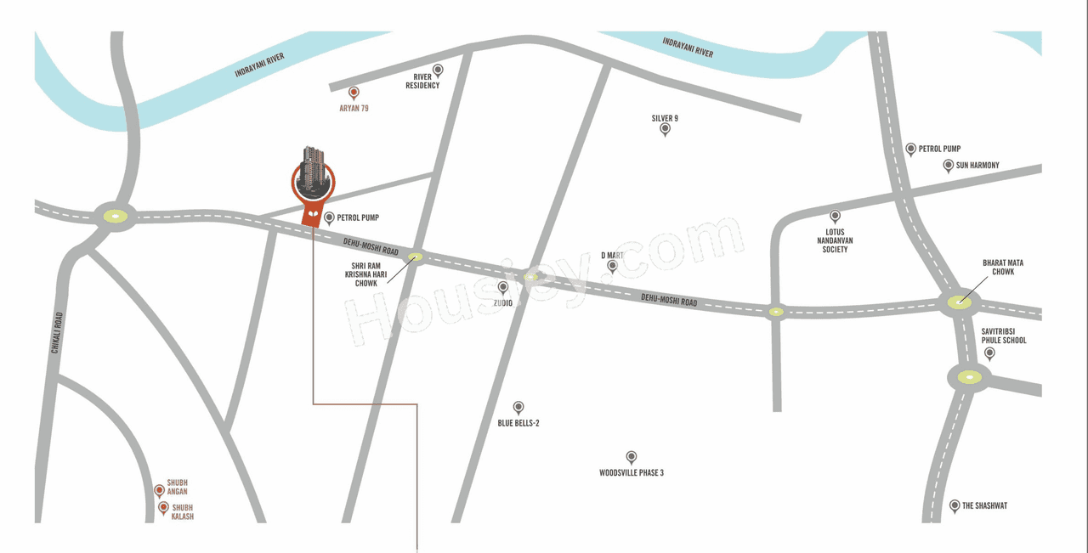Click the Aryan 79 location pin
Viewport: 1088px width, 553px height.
point(354,93)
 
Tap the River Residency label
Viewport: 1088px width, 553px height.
point(422,82)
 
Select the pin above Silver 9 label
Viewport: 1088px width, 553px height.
point(665,130)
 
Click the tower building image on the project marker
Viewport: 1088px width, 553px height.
point(314,169)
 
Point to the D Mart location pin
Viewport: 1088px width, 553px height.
point(612,267)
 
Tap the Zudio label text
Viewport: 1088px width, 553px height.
point(503,302)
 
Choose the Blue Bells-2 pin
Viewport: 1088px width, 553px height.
point(518,408)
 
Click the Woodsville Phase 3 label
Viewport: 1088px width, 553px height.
point(632,472)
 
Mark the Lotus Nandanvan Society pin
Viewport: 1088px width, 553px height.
point(835,217)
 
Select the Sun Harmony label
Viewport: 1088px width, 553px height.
point(977,165)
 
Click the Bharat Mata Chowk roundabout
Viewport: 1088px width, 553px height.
point(960,300)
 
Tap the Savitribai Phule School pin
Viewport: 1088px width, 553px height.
point(989,353)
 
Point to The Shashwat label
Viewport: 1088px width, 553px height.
point(984,505)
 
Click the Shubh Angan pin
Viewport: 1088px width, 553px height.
point(159,490)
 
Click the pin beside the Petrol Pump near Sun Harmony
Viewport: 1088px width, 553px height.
point(910,150)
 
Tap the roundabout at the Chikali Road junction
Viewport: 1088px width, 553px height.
point(115,216)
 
